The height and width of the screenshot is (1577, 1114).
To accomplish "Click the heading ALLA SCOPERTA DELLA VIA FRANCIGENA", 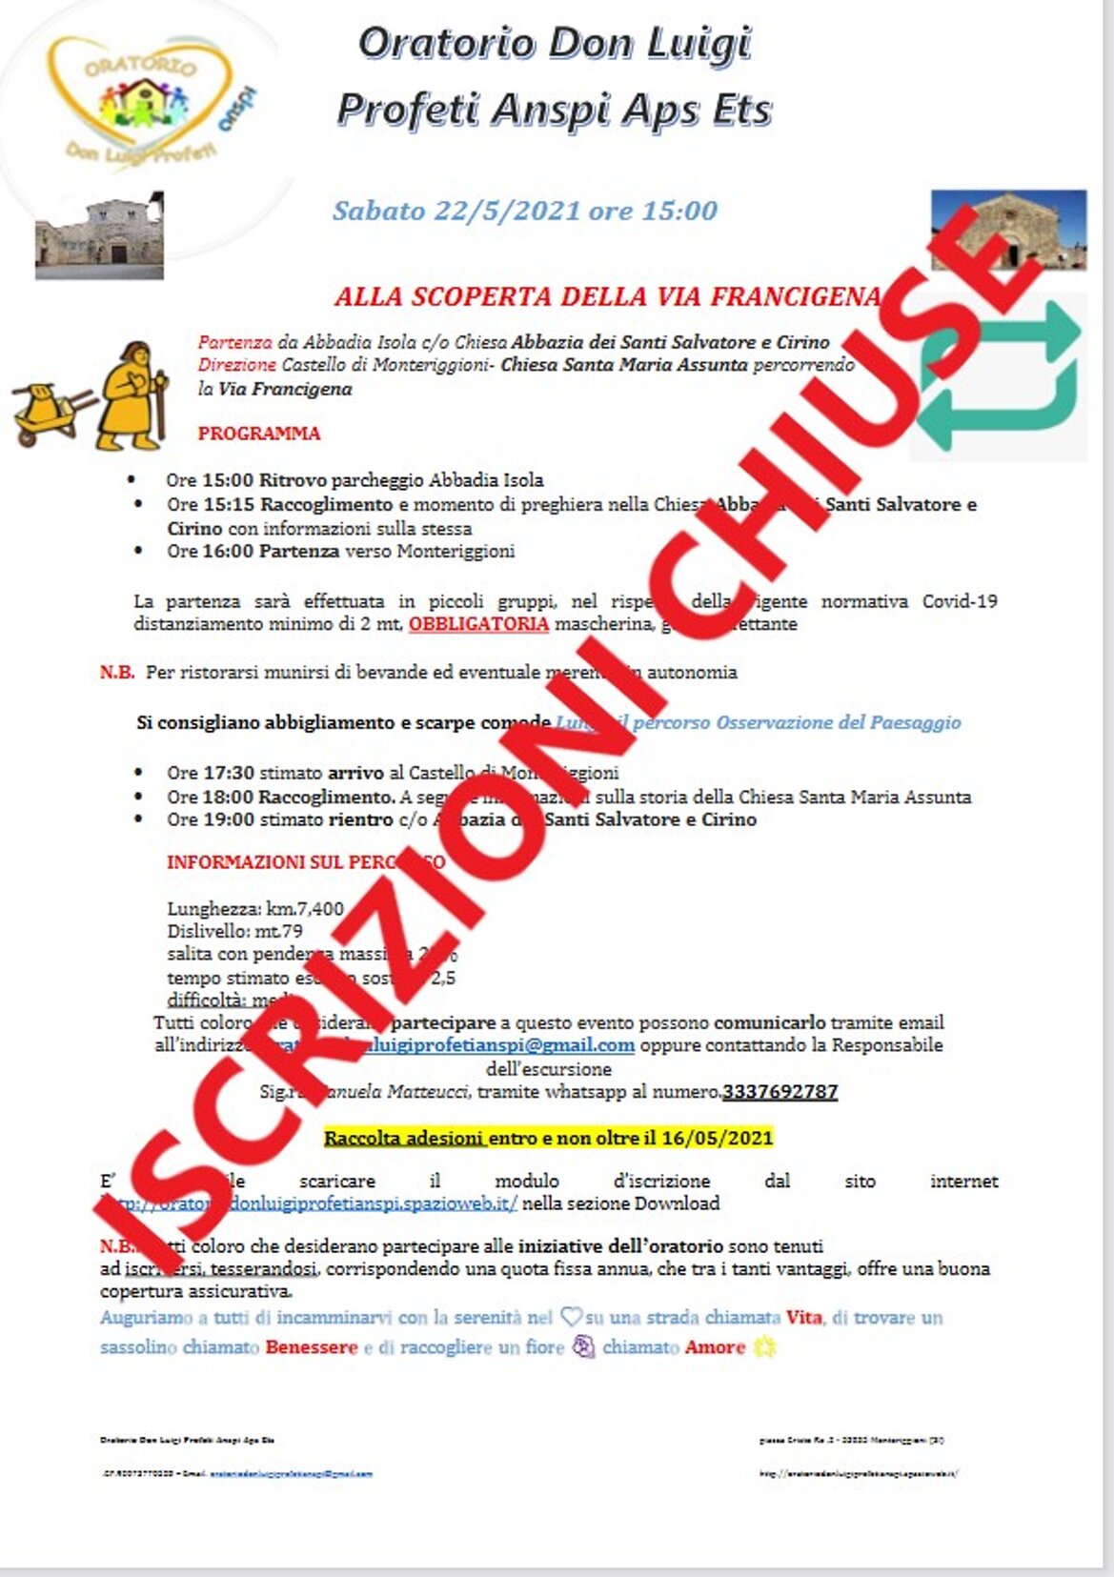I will [x=607, y=296].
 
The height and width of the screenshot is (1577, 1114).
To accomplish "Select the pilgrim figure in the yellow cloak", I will [x=132, y=395].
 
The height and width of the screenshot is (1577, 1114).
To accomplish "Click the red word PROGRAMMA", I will [x=259, y=434].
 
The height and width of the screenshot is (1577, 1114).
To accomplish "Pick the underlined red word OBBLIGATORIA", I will [x=478, y=624].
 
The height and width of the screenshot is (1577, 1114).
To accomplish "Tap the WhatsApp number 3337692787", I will [x=780, y=1092].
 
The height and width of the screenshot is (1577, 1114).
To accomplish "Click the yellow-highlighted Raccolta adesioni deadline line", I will [x=548, y=1138].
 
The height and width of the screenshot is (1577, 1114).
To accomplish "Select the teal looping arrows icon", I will [x=1000, y=376].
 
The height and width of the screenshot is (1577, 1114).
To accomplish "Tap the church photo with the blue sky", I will [x=1008, y=229].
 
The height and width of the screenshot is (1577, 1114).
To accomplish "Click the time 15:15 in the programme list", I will [x=229, y=504].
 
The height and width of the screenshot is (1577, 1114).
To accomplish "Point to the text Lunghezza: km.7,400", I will [x=254, y=908].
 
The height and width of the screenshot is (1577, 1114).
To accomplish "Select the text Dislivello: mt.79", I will [x=234, y=931].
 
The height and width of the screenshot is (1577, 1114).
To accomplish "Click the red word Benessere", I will [x=312, y=1347].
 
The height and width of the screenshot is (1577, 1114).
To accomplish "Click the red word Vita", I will [x=804, y=1318].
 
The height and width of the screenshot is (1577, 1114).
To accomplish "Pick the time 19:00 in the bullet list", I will [x=229, y=819].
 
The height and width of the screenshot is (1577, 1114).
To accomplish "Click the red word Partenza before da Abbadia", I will [x=234, y=342].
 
